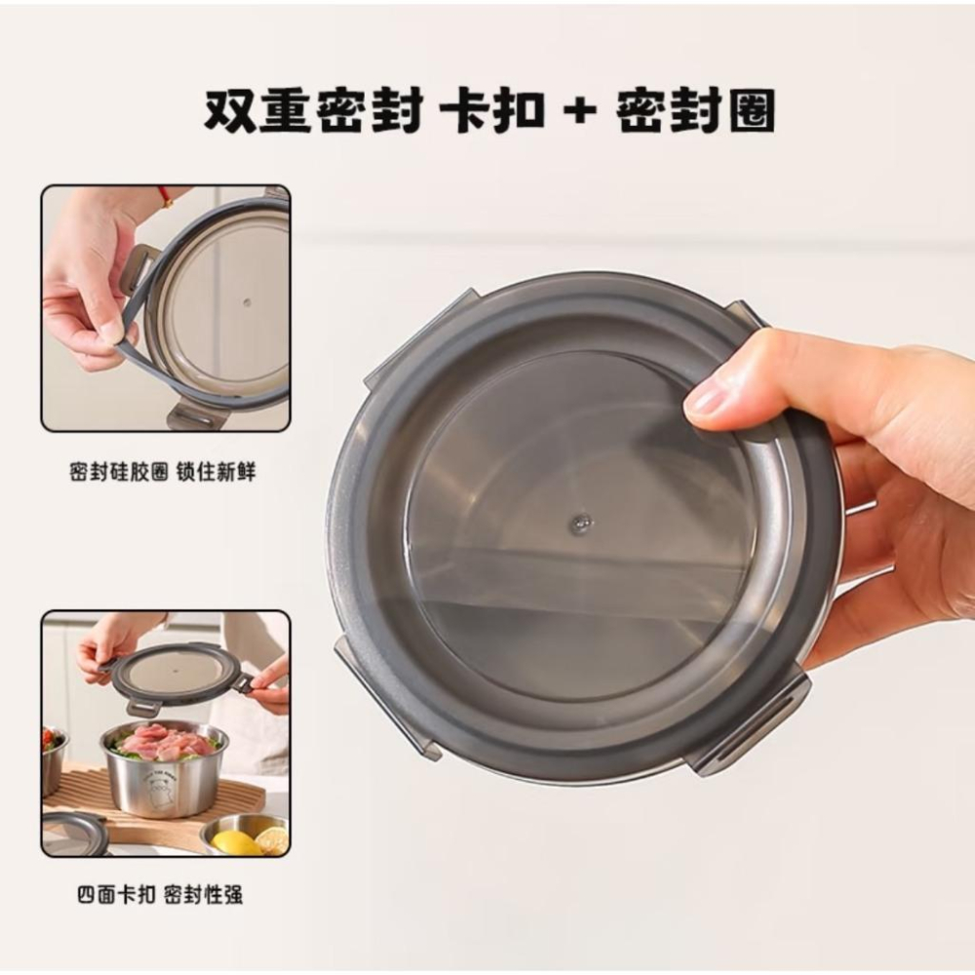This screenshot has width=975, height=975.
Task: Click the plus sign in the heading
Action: [581, 112]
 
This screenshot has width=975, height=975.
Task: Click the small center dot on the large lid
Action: [581, 525]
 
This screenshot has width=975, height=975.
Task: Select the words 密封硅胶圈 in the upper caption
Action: [119, 472]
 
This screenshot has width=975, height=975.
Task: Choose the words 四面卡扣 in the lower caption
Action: [116, 895]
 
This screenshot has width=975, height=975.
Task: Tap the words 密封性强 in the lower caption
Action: [204, 895]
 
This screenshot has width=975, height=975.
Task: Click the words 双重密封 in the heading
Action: [314, 112]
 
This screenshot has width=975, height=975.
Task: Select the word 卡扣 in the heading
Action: [491, 112]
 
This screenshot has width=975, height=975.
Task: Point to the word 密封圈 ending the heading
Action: [696, 112]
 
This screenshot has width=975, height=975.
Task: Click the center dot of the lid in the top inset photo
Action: [247, 304]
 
